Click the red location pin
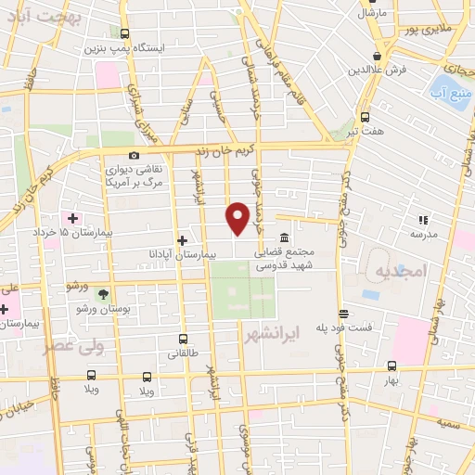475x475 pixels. coord(238,218)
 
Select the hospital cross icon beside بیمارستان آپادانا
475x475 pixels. coord(182,240)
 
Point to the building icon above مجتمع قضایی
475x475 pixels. coord(283,238)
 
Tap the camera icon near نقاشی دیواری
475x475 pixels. coord(135,155)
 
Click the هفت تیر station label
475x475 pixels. coord(364,131)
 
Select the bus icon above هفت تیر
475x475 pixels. coord(364,117)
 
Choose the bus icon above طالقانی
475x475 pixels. coord(182,340)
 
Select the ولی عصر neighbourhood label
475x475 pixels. coord(73,346)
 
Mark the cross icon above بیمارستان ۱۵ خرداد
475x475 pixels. coord(72,217)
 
